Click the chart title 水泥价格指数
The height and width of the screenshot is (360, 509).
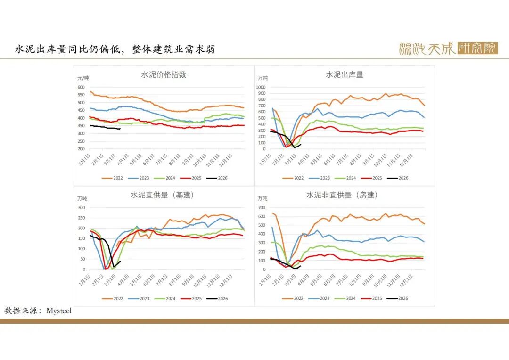coord(164,74)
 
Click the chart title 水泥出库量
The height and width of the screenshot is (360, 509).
coord(345,74)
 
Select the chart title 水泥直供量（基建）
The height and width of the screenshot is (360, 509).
coord(162,195)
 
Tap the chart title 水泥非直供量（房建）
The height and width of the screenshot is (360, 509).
coord(342,195)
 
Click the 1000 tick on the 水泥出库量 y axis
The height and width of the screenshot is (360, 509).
coord(261,87)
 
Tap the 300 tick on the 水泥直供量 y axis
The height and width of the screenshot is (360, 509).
coord(82,207)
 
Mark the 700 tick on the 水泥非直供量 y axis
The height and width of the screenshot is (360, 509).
coord(263,208)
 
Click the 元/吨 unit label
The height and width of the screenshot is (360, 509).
coord(83,78)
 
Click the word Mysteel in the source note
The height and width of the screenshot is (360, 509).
coord(59,311)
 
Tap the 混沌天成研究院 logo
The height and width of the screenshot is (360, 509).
coord(448,49)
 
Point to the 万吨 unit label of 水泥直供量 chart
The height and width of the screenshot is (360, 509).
coord(82,198)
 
